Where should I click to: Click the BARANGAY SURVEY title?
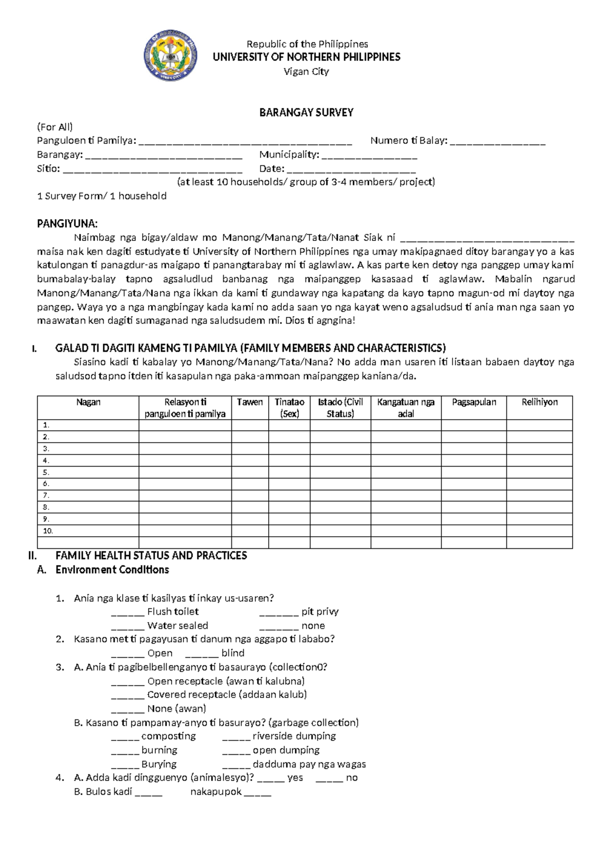pyautogui.click(x=306, y=112)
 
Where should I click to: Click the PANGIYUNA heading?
pyautogui.click(x=67, y=224)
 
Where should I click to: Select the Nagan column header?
pyautogui.click(x=88, y=402)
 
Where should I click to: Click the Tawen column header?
pyautogui.click(x=250, y=402)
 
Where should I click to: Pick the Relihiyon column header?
pyautogui.click(x=539, y=402)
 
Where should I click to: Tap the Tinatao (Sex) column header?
pyautogui.click(x=289, y=407)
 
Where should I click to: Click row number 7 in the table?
pyautogui.click(x=46, y=495)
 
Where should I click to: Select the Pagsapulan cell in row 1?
pyautogui.click(x=474, y=425)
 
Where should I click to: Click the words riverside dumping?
pyautogui.click(x=294, y=736)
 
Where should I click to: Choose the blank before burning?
pyautogui.click(x=125, y=751)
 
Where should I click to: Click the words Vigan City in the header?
pyautogui.click(x=306, y=71)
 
